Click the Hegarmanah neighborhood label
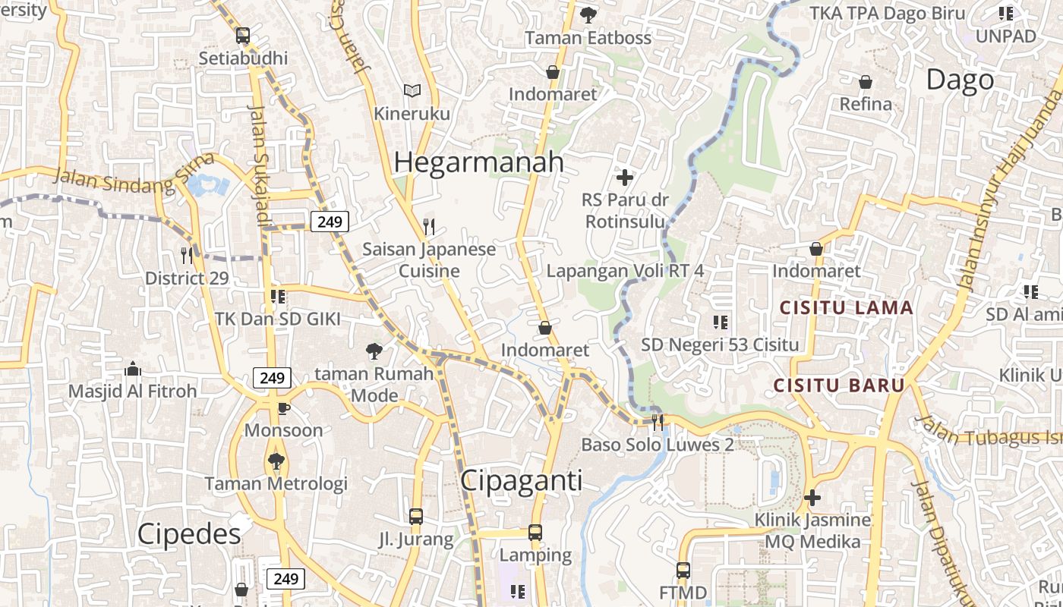coord(478,162)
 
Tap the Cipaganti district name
coord(521,480)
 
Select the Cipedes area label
coord(189,534)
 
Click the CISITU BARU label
coord(839,385)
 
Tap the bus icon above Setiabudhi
coord(243,35)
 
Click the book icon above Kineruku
coord(412,91)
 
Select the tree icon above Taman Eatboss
coord(588,14)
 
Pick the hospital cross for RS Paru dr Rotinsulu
coord(624,178)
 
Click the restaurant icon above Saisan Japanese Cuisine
coord(429,226)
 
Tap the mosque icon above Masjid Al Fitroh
coord(133,370)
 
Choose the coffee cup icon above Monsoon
coord(283,408)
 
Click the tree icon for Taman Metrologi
coord(276,461)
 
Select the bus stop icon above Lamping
coord(535,533)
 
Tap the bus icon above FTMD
coord(683,570)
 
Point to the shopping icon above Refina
coord(865,81)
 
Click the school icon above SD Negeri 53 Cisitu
coord(720,322)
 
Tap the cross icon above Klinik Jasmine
coord(812,498)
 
